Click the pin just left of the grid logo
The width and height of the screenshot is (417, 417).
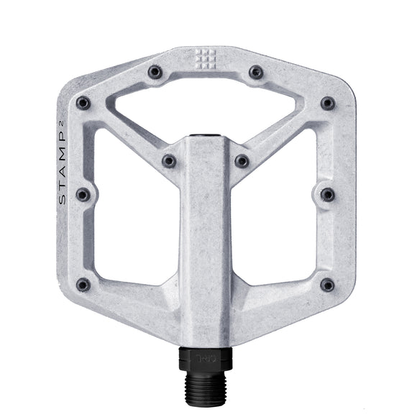click(x=155, y=72)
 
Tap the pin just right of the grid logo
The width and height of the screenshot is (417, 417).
click(x=256, y=72)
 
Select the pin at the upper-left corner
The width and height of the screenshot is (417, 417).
click(x=83, y=103)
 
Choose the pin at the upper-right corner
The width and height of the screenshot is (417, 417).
click(x=328, y=103)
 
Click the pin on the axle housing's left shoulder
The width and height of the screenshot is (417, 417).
click(x=170, y=161)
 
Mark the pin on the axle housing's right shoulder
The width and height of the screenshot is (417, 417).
click(x=242, y=161)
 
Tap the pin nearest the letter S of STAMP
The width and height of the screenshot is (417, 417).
click(x=83, y=195)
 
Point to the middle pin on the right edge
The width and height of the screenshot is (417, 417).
click(x=328, y=195)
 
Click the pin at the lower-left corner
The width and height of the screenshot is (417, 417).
click(x=83, y=285)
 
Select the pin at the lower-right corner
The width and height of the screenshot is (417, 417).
click(x=328, y=285)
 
